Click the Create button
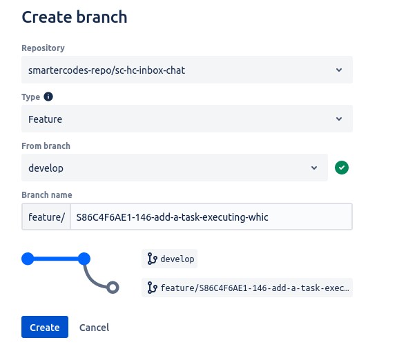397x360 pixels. coord(45,327)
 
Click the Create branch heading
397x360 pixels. coord(75,17)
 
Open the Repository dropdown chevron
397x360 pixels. coord(339,70)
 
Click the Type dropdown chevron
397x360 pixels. coord(339,119)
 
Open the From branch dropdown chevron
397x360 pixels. coord(314,168)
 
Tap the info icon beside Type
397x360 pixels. coord(48,97)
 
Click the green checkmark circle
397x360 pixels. coord(342,168)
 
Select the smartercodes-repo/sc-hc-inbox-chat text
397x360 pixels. coord(106,70)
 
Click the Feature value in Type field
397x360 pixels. coord(46,119)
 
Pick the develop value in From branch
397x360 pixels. coord(46,168)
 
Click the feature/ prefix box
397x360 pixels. coord(46,217)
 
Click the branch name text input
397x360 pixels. coord(211,217)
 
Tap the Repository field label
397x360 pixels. coord(43,48)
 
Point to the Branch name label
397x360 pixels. coord(47,194)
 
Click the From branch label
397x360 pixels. coord(46,146)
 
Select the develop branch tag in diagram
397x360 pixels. coord(169,259)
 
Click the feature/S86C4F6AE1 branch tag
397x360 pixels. coord(247,288)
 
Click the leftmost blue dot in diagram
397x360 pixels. coord(28,259)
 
